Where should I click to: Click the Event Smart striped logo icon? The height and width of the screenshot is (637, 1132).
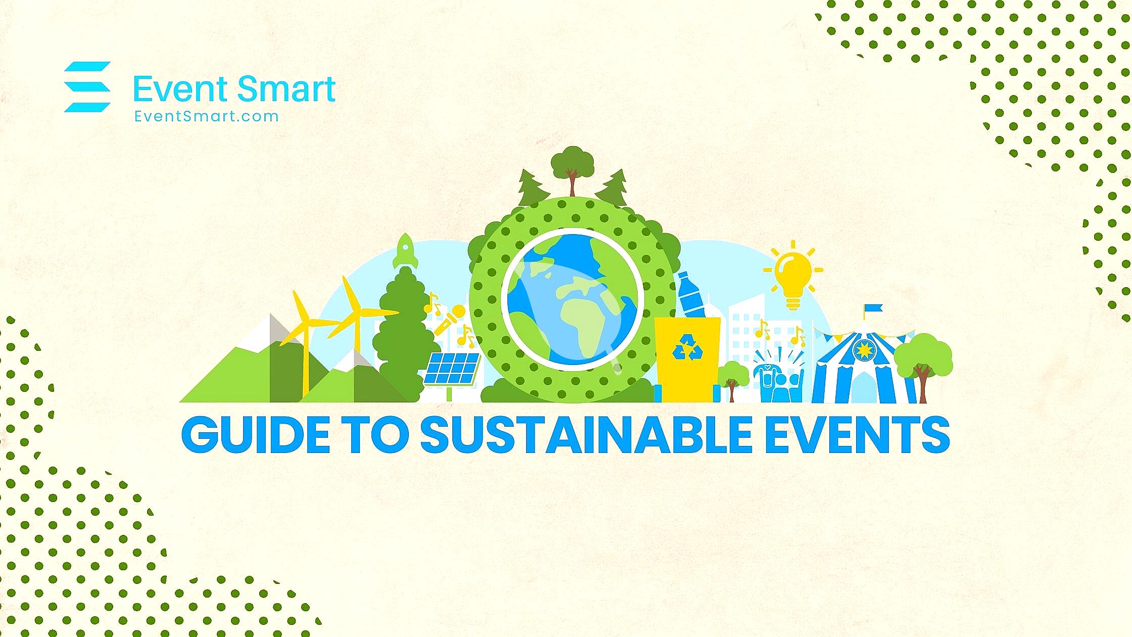87,86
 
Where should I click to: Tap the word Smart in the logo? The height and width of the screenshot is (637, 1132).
286,89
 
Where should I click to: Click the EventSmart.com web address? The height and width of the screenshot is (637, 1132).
206,117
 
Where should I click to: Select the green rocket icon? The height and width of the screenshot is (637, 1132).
405,251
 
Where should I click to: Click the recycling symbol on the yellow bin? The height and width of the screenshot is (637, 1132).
687,347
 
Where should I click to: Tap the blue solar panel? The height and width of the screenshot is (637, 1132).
452,369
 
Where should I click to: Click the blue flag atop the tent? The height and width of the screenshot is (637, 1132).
874,308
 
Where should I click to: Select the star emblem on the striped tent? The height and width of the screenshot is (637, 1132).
864,349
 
